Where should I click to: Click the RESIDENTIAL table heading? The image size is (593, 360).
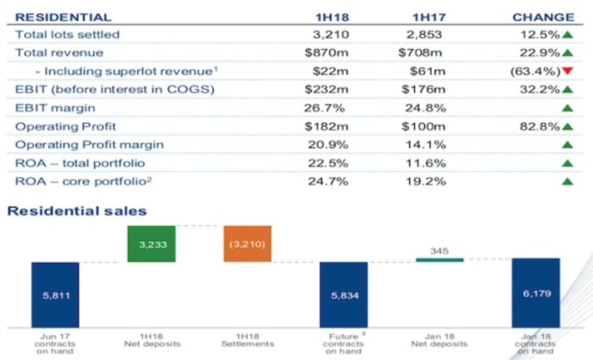pos(63,17)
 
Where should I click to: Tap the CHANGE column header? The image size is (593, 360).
pos(543,17)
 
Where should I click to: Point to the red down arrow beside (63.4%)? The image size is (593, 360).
pos(566,71)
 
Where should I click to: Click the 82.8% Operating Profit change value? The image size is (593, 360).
pos(540,126)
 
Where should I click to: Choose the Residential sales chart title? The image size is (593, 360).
pos(77,211)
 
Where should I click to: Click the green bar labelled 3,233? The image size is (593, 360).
pos(152,244)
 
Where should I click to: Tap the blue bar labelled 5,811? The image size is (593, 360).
pos(55,295)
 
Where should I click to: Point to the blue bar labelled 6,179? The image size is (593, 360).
pos(536,293)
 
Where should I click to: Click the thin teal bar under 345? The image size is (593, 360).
pos(440,260)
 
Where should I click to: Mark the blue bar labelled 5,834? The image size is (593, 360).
pos(344,295)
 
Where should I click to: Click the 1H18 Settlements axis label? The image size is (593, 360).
pos(247,341)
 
